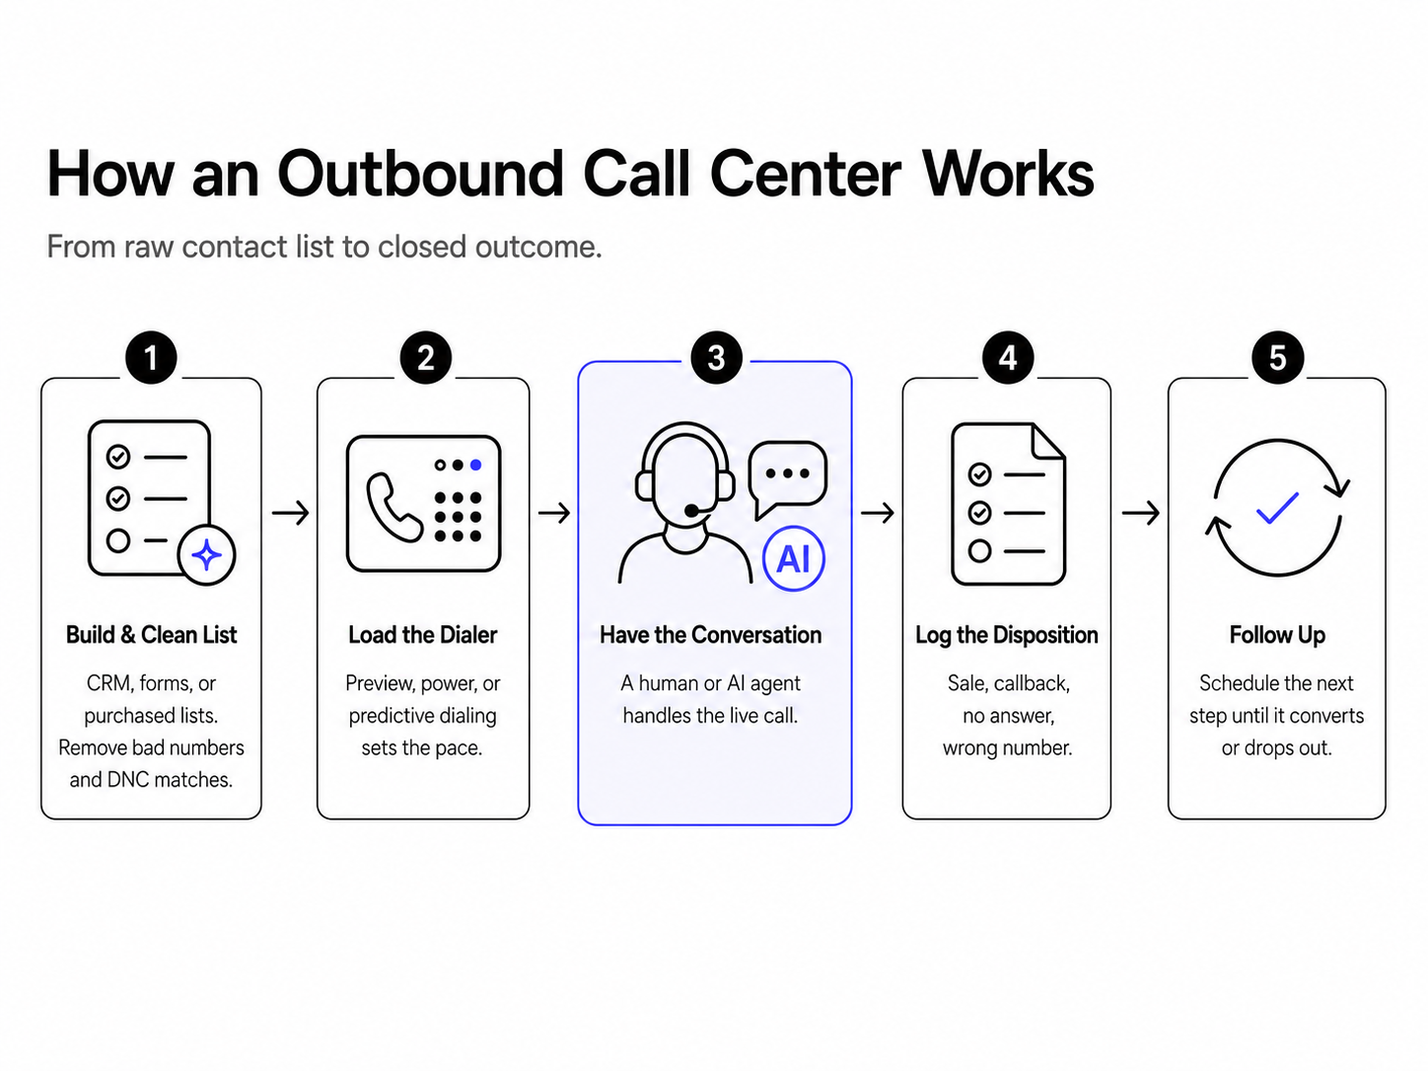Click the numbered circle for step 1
point(151,358)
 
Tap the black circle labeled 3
point(716,358)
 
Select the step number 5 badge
point(1278,358)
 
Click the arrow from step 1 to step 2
point(290,513)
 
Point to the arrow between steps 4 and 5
point(1140,513)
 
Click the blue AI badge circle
point(794,558)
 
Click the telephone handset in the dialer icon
point(393,507)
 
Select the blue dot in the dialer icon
point(475,464)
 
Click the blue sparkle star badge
point(207,555)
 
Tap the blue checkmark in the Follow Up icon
point(1278,508)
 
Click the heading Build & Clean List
point(151,635)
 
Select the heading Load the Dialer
point(423,635)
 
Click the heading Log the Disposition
point(1007,635)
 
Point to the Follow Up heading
point(1277,635)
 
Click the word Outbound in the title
point(420,174)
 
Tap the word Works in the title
point(1009,174)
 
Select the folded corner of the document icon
point(1048,442)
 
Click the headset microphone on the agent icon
point(692,511)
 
